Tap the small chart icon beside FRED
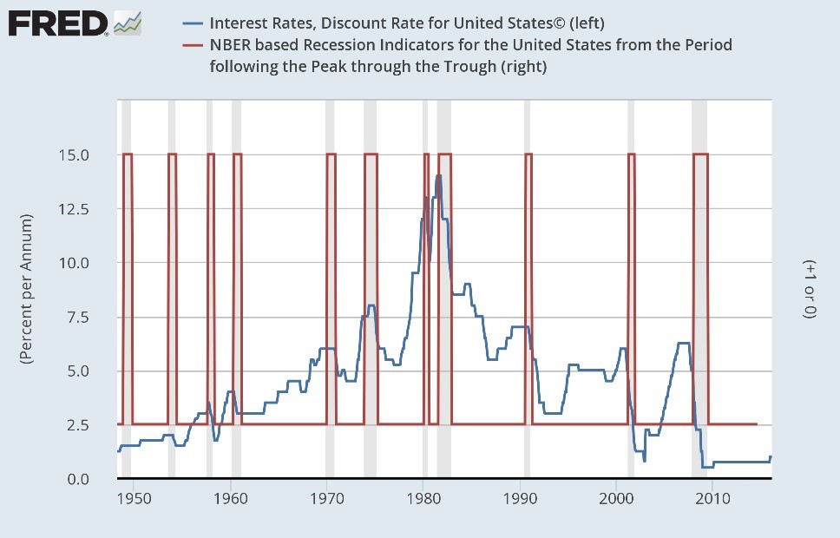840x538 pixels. pyautogui.click(x=128, y=23)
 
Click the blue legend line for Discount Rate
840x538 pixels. pyautogui.click(x=193, y=23)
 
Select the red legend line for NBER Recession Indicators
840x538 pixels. pyautogui.click(x=193, y=44)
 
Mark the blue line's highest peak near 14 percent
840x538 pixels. pyautogui.click(x=439, y=176)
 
